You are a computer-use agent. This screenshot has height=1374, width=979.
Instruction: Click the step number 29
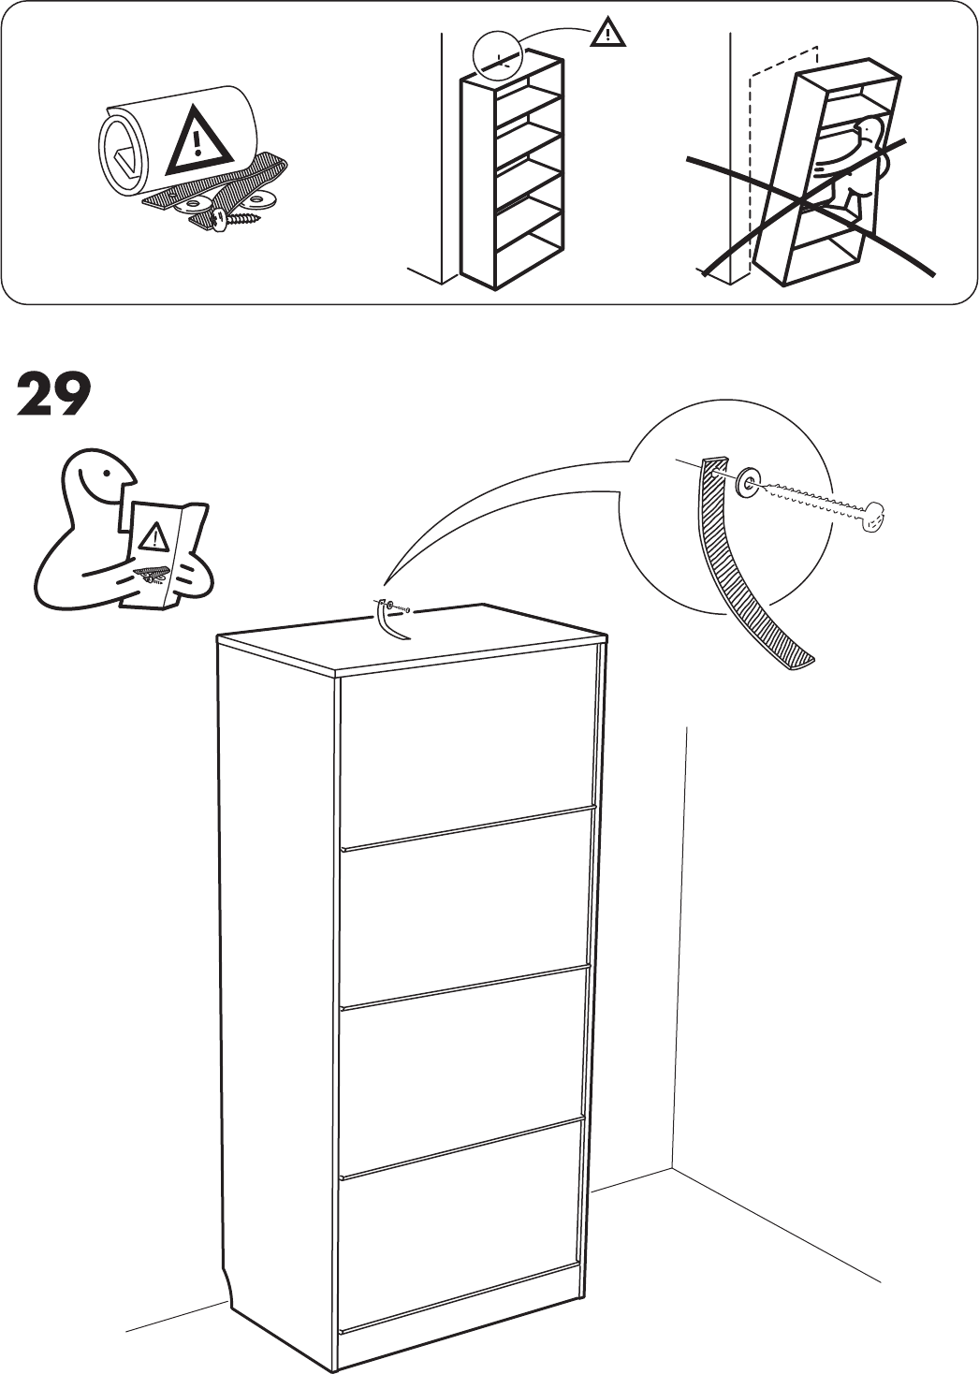53,396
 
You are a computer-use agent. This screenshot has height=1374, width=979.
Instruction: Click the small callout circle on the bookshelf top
501,56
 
